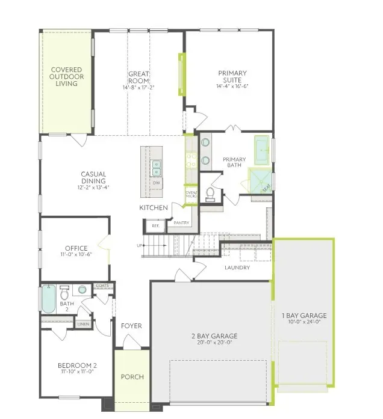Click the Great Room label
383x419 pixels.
tap(138, 78)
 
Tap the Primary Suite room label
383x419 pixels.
tap(232, 77)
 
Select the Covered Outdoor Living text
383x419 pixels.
tap(66, 76)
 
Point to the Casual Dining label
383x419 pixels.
tap(93, 177)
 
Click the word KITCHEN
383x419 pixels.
tap(154, 208)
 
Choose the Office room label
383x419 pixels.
tap(76, 248)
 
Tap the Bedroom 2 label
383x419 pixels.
tap(77, 365)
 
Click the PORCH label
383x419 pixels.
tap(132, 377)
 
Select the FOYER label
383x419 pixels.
tap(131, 326)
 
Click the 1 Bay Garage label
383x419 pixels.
tap(304, 315)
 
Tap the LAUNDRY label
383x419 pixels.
tap(237, 268)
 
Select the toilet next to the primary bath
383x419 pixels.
tap(210, 193)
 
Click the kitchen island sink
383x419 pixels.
tap(156, 165)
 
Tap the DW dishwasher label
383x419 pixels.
tap(156, 182)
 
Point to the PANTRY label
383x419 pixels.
tap(181, 223)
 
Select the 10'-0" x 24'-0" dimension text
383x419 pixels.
tap(304, 322)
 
